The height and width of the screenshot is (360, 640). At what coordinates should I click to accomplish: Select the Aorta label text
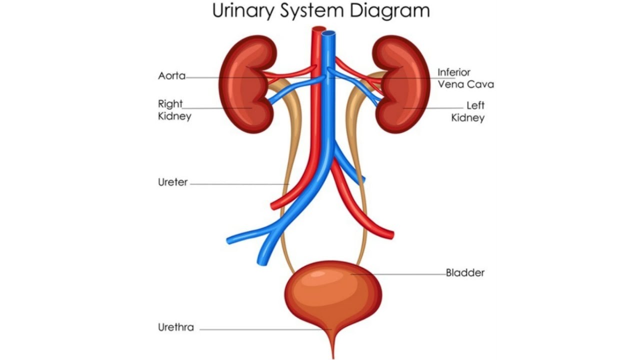(171, 76)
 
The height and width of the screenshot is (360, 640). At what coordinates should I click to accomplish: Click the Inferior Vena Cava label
(465, 78)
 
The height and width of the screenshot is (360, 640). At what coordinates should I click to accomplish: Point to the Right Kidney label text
(174, 110)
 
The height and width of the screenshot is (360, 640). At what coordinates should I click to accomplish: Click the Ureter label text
(173, 182)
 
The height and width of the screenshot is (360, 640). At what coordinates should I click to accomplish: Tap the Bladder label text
(465, 273)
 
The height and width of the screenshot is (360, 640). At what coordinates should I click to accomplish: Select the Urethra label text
(176, 328)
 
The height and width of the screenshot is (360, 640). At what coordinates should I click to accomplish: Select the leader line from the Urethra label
(260, 329)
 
